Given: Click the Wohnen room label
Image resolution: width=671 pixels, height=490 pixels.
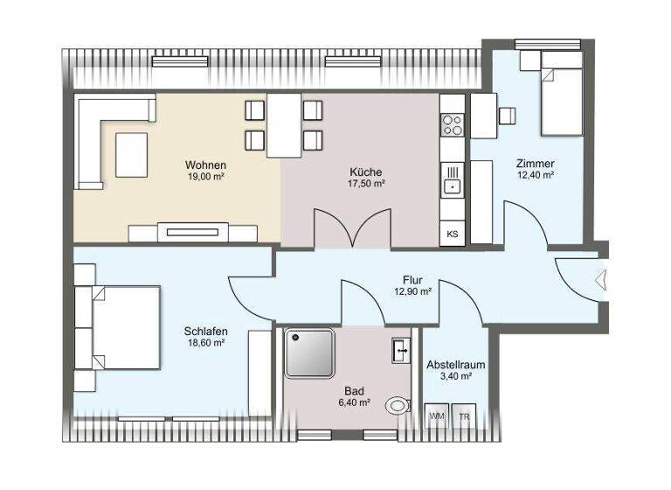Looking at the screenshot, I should [x=206, y=164].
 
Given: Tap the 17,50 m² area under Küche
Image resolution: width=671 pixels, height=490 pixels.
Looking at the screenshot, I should [x=367, y=184].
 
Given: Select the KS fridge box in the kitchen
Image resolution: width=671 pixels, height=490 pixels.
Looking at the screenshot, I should [x=453, y=234].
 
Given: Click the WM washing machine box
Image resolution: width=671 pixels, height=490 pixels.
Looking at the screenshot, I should [x=436, y=417].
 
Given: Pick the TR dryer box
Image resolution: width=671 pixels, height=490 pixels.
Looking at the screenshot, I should [x=465, y=417].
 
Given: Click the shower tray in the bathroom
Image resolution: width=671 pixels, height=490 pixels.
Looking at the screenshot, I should [x=309, y=352].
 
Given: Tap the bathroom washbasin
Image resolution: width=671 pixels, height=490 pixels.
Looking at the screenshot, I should [x=402, y=350].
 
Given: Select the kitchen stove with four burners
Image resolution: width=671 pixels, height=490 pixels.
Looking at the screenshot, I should [x=453, y=126].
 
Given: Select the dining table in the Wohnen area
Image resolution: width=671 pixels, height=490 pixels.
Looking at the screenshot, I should [x=284, y=125].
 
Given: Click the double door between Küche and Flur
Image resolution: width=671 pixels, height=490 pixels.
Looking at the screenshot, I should [x=349, y=229].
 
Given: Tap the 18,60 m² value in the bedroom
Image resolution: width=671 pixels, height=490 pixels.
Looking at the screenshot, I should [x=206, y=344].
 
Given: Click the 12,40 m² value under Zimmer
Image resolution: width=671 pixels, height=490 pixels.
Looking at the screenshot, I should [x=535, y=175].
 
